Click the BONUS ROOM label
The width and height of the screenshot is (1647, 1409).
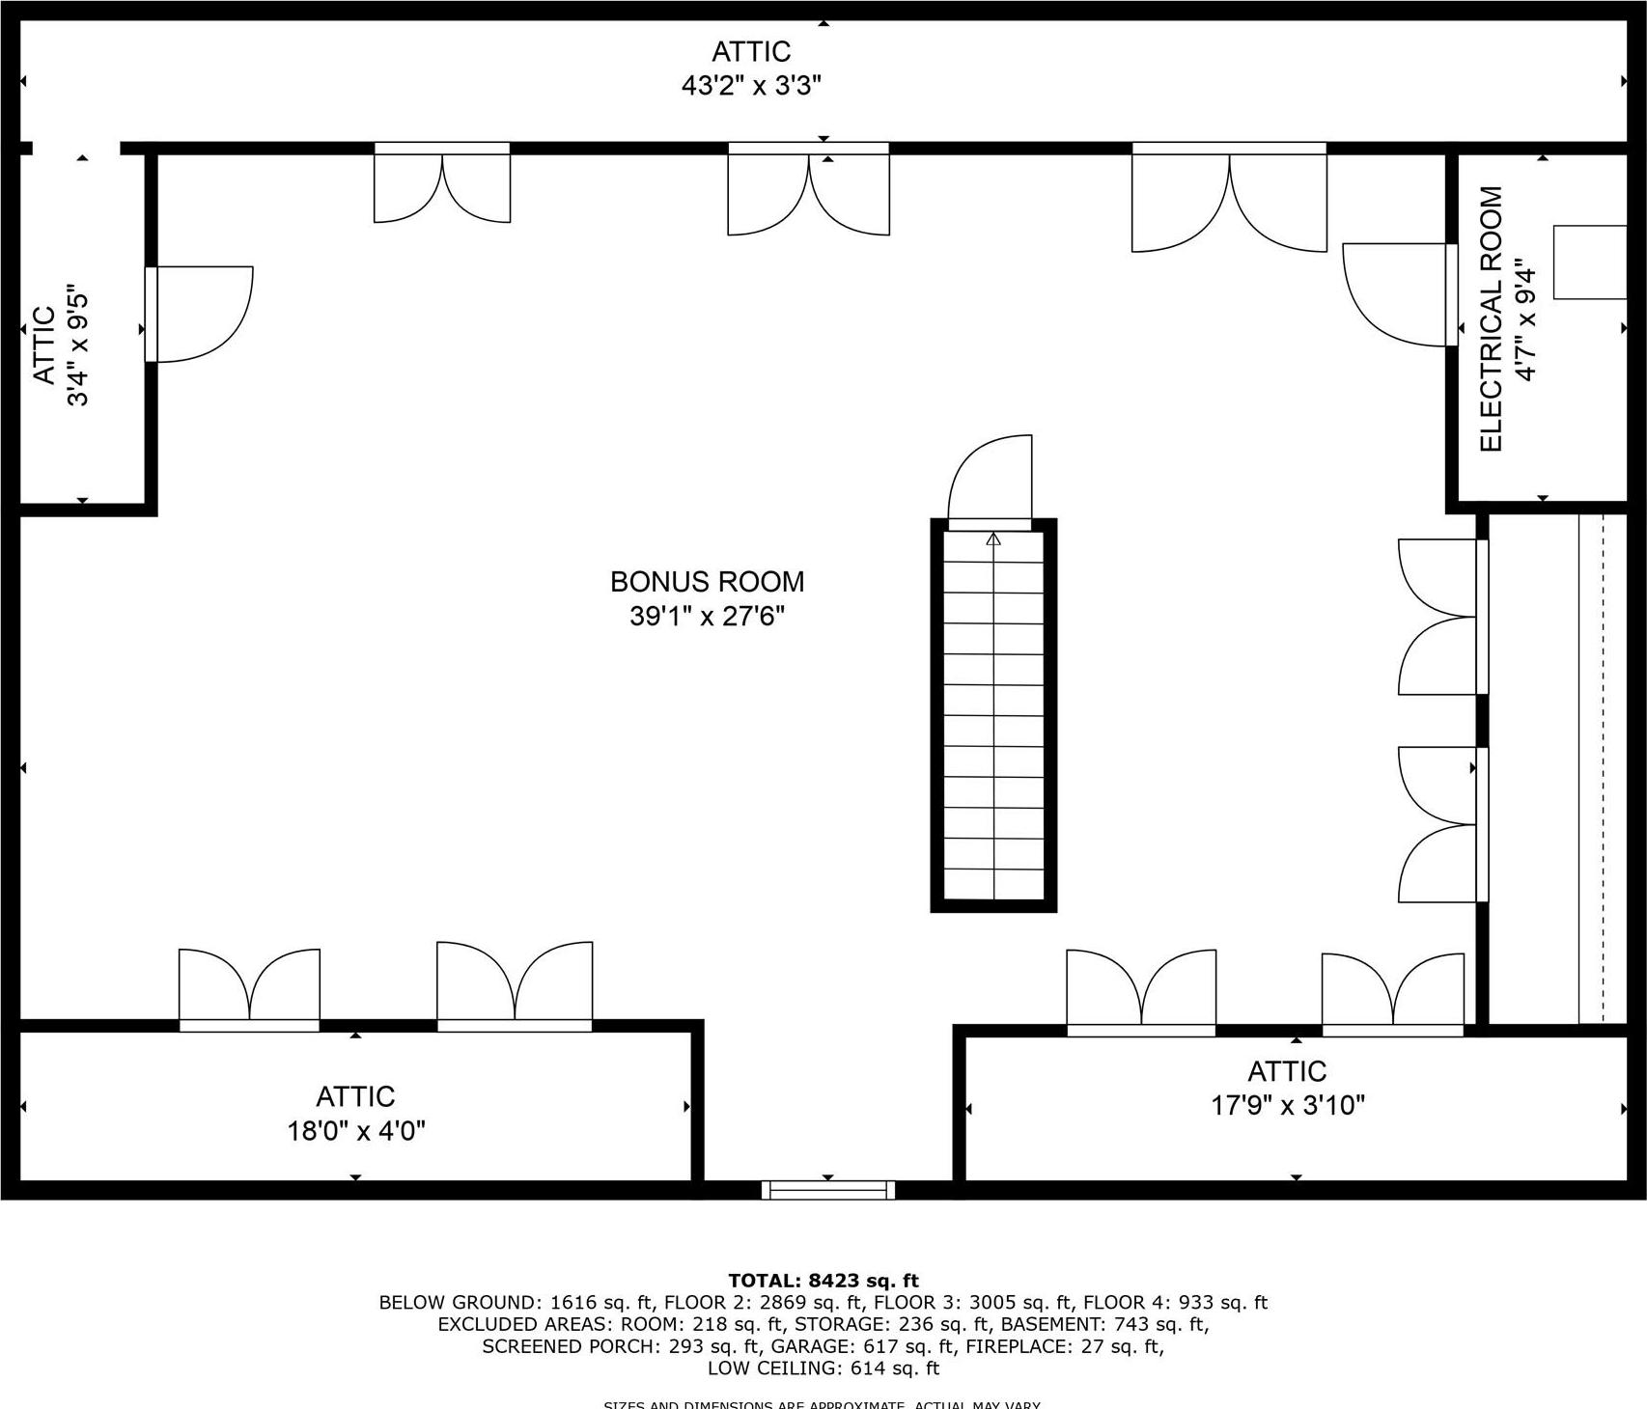pyautogui.click(x=707, y=582)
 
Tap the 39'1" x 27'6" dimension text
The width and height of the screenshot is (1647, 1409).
pyautogui.click(x=707, y=616)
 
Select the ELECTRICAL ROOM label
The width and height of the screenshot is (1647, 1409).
pyautogui.click(x=1492, y=319)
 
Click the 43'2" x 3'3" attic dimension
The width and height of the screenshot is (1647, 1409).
pyautogui.click(x=751, y=86)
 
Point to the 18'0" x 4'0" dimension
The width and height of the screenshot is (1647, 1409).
pyautogui.click(x=356, y=1130)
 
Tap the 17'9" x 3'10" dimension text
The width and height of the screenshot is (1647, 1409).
pyautogui.click(x=1288, y=1105)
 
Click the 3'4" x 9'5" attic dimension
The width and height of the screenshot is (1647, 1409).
pyautogui.click(x=78, y=345)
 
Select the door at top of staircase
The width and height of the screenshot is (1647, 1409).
pyautogui.click(x=991, y=480)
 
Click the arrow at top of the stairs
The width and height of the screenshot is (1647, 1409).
pyautogui.click(x=993, y=539)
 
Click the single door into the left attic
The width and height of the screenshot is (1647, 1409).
pyautogui.click(x=201, y=315)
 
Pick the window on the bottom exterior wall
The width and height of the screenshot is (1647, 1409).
pyautogui.click(x=828, y=1190)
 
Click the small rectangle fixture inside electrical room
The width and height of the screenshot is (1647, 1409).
pyautogui.click(x=1589, y=262)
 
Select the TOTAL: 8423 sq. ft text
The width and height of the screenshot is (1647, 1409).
pyautogui.click(x=823, y=1282)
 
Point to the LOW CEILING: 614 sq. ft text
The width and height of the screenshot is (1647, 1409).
pyautogui.click(x=823, y=1368)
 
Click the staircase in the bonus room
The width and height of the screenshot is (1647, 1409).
pyautogui.click(x=993, y=714)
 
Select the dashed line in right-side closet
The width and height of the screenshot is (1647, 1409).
pyautogui.click(x=1603, y=767)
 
